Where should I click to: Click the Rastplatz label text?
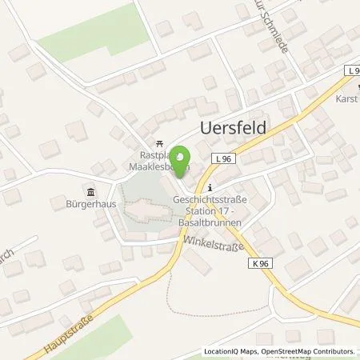click(147, 157)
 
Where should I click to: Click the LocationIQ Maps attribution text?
click(230, 351)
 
